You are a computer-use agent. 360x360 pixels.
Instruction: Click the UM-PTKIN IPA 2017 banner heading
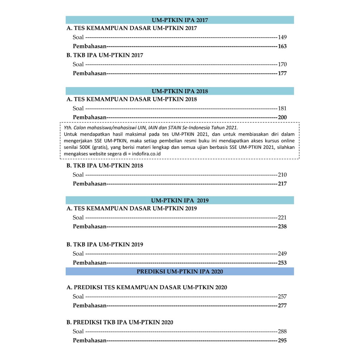click(180, 20)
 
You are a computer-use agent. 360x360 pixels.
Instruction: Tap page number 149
click(282, 37)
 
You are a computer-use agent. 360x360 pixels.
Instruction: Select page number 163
click(282, 46)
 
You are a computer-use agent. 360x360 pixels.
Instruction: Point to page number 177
click(282, 73)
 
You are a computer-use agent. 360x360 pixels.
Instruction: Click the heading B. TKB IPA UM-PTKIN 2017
click(105, 55)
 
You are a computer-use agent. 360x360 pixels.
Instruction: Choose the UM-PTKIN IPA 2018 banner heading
click(180, 91)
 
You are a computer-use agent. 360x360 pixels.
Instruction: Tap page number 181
click(282, 108)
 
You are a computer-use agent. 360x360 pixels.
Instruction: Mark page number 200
click(282, 117)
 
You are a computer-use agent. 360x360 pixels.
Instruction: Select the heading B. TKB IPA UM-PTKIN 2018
click(105, 166)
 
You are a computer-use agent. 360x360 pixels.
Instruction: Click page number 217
click(282, 184)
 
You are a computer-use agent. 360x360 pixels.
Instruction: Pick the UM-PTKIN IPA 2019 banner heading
click(180, 200)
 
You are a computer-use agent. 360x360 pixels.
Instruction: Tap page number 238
click(282, 226)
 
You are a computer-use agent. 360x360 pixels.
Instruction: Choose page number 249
click(282, 253)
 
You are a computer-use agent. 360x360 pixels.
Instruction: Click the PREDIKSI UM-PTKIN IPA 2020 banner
click(180, 271)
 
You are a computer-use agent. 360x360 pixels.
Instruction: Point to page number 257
click(282, 296)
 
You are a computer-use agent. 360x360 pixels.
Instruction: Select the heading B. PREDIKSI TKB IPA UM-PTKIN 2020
click(120, 322)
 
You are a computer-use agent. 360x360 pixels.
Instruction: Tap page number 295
click(282, 340)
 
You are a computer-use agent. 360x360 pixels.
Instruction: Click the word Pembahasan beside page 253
click(89, 263)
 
